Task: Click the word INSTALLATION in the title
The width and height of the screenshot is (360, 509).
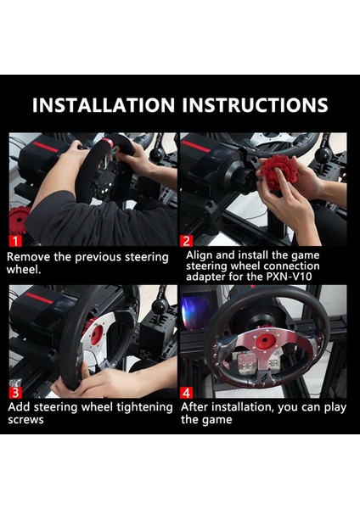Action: point(104,105)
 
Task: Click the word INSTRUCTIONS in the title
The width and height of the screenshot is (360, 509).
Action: point(255,105)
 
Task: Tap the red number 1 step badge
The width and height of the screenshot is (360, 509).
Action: point(15,241)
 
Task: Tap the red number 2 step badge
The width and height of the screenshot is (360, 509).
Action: point(186,241)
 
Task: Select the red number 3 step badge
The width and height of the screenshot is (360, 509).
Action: point(15,393)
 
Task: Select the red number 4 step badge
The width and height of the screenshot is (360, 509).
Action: point(186,393)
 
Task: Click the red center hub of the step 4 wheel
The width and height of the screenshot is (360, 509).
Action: point(266,341)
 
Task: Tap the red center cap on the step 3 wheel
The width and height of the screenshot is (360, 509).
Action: point(97,335)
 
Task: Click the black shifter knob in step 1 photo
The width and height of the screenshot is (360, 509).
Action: point(158,155)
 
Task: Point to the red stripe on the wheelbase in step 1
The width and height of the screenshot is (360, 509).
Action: point(46,147)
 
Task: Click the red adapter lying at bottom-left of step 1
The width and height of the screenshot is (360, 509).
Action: point(18,221)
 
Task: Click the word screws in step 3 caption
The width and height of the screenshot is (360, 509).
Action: point(25,420)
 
